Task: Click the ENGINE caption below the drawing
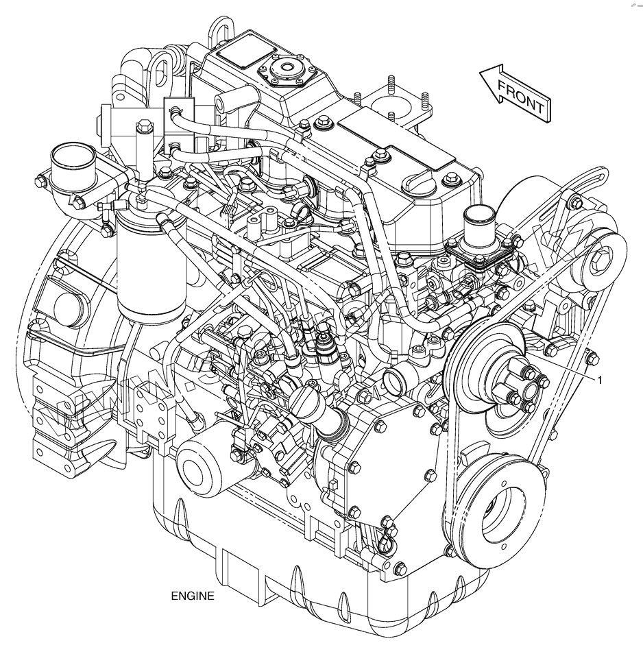193,596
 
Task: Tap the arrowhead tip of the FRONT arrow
479,74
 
